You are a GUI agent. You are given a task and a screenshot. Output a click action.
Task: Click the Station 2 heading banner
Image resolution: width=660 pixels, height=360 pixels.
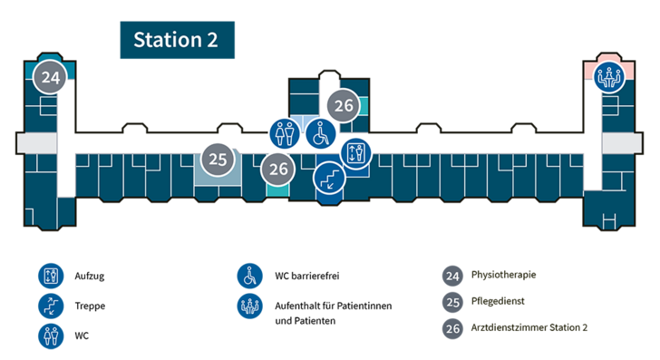tap(177, 40)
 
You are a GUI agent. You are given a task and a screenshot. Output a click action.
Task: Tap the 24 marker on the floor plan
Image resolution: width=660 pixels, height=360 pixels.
tap(50, 77)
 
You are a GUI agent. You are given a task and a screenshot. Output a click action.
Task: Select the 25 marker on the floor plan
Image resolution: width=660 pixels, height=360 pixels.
tap(218, 160)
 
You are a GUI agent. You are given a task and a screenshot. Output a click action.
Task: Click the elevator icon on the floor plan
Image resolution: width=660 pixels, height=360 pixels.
tap(355, 153)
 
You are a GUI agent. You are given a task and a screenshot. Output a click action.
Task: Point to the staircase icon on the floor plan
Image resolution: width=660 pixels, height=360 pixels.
tap(330, 178)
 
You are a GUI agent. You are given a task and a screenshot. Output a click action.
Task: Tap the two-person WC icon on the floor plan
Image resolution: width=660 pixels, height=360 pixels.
tap(285, 134)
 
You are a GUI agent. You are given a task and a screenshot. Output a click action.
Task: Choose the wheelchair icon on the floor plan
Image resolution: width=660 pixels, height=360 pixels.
tap(321, 134)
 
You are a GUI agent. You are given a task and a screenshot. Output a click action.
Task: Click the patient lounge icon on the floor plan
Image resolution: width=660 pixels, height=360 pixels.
tap(609, 77)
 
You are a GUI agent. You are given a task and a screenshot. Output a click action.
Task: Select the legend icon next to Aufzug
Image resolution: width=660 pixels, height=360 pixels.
tap(51, 276)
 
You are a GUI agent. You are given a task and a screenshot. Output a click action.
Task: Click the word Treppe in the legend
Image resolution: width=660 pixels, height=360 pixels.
tap(90, 306)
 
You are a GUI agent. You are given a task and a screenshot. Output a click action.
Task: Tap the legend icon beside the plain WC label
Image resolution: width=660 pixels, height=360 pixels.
tap(51, 336)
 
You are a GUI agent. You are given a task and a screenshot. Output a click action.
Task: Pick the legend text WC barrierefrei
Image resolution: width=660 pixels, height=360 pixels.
tap(307, 276)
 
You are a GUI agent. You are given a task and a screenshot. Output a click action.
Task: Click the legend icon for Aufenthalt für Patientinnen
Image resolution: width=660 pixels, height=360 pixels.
tap(249, 306)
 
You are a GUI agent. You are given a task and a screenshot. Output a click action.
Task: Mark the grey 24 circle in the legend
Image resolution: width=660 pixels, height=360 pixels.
tap(452, 277)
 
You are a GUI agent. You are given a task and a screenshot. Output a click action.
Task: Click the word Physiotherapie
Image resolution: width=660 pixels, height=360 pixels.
tap(503, 275)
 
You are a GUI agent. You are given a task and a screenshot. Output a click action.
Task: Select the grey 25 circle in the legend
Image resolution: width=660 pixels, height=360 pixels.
tap(452, 302)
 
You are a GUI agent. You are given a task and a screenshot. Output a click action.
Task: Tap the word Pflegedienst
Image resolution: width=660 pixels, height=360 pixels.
tap(498, 301)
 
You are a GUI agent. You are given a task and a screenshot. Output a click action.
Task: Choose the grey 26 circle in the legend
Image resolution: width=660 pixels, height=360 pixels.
tap(452, 328)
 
